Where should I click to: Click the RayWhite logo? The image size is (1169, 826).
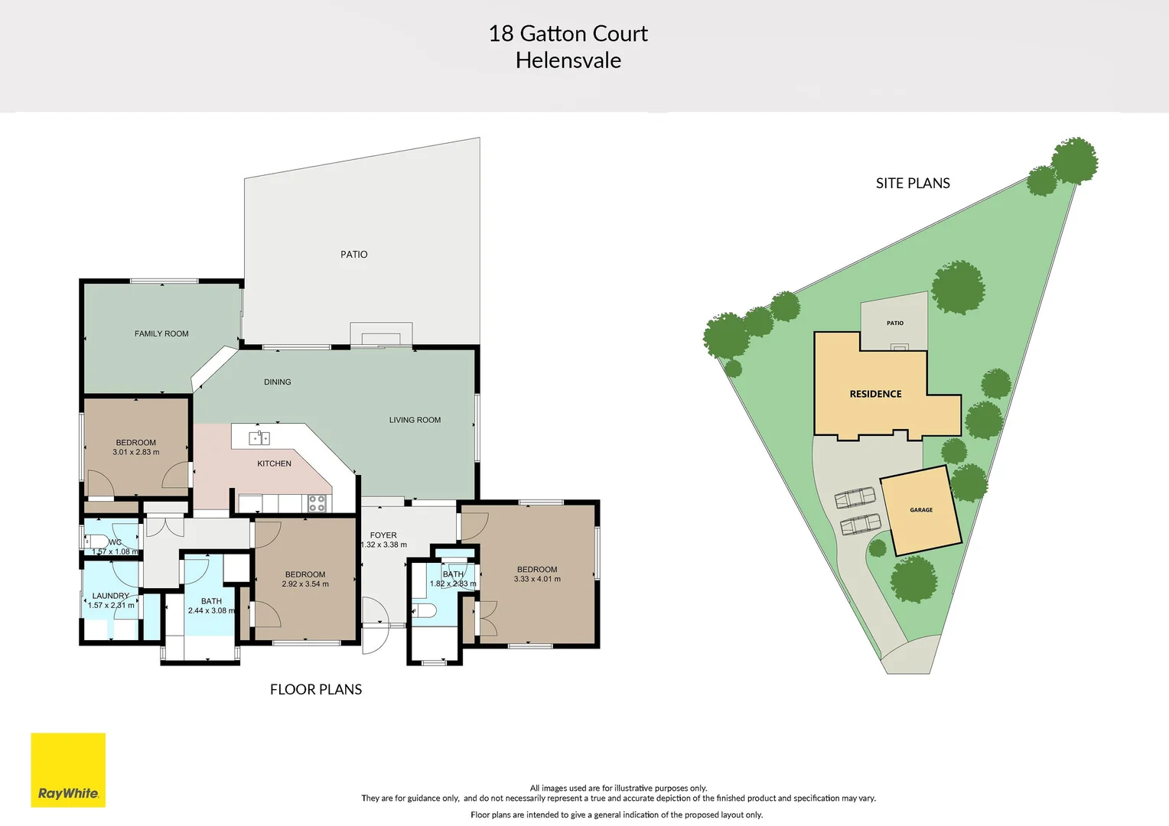pos(68,770)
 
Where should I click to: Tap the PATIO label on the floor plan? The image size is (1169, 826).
pos(353,255)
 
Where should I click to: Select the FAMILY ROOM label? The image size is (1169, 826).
pos(161,333)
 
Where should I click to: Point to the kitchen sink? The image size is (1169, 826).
pos(259,438)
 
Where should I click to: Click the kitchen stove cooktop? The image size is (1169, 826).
pos(317,502)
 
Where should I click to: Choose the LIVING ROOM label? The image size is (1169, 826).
pos(415,420)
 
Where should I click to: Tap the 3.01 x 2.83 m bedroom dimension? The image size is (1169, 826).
pos(136,452)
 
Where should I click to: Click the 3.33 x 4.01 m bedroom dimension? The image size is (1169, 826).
pos(537,579)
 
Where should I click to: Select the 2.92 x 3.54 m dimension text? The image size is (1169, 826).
pos(305,584)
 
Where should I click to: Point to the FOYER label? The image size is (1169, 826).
pos(383,535)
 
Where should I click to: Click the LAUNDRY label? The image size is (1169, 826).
pos(111,596)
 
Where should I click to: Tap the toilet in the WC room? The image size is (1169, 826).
pos(94,540)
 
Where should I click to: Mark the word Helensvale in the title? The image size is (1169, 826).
pos(568,60)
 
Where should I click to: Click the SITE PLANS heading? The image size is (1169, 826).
pos(913,184)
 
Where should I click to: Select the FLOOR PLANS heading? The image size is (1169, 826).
pos(316,690)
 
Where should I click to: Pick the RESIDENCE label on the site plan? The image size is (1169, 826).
pos(875,394)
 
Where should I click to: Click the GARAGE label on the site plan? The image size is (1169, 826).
pos(921,510)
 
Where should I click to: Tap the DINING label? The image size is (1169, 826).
pos(277,382)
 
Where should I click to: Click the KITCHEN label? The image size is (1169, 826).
pos(274,463)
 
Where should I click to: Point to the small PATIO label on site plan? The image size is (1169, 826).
pos(895,324)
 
